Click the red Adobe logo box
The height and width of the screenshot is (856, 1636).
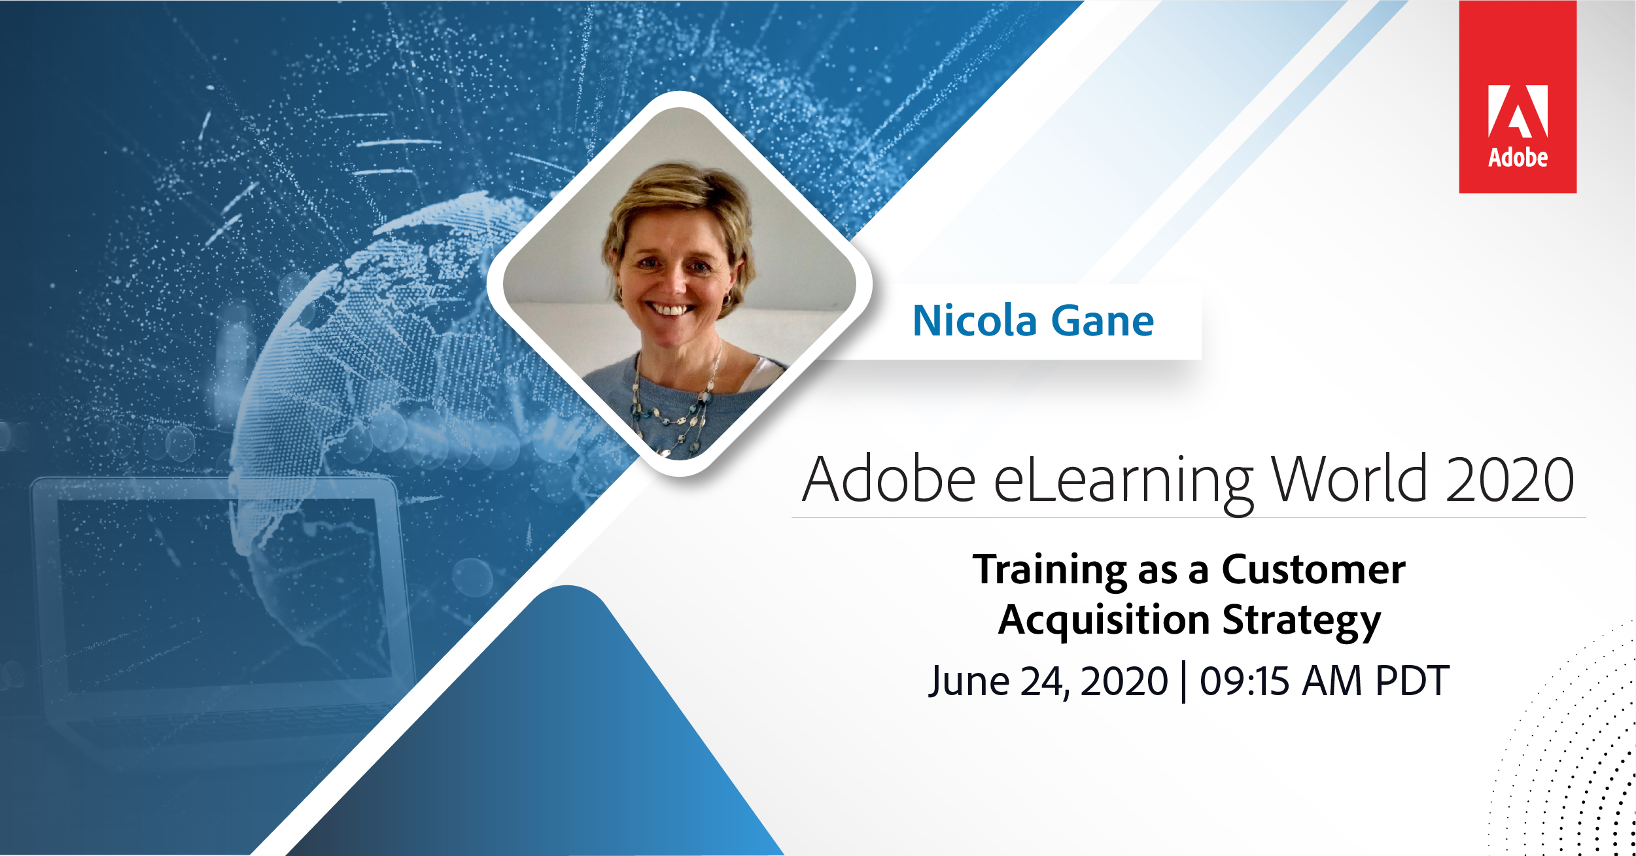coord(1518,97)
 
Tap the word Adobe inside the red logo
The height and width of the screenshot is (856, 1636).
coord(1518,158)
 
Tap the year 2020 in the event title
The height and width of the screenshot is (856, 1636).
coord(1510,479)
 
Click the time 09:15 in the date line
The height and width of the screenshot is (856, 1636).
coord(1244,681)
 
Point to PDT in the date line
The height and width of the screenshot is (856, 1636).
coord(1412,681)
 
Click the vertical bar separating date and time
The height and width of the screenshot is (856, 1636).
coord(1184,682)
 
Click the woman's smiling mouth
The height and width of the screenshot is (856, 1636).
coord(669,309)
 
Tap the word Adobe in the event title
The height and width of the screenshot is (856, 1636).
coord(889,479)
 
